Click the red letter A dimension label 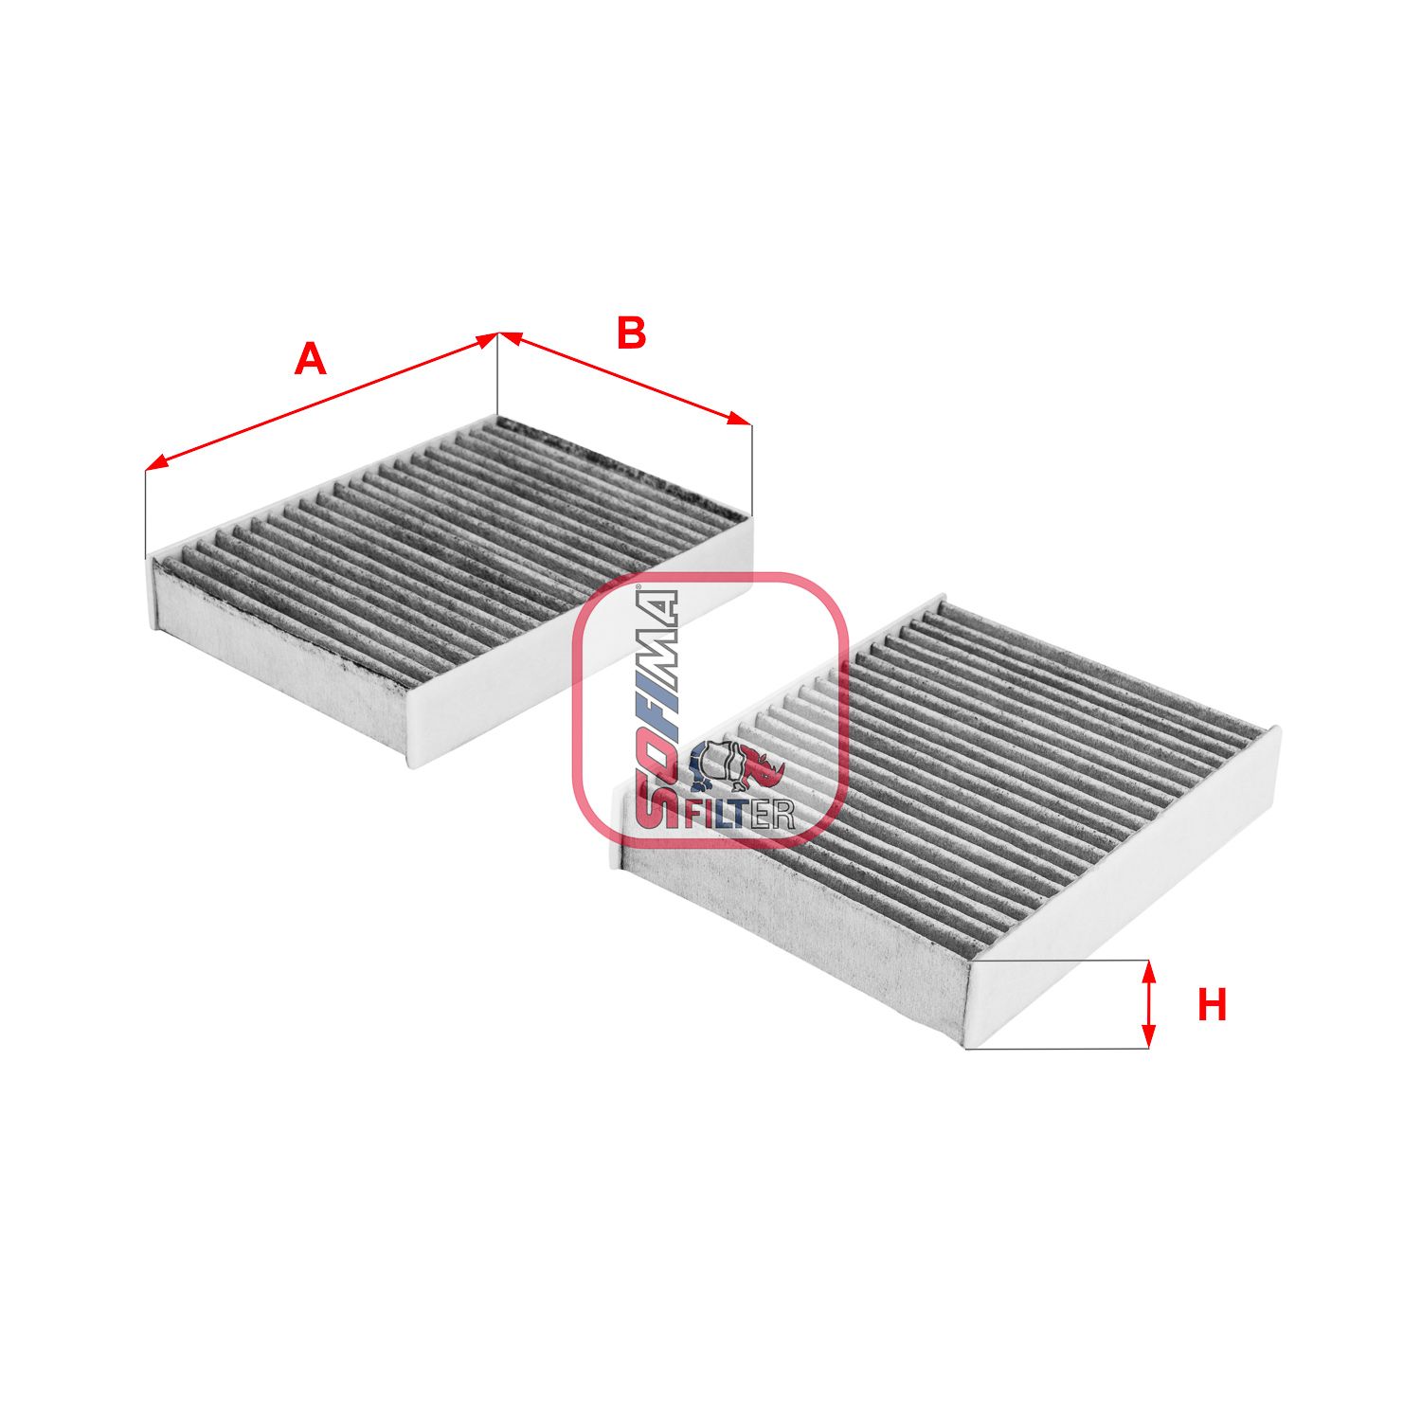[x=310, y=361]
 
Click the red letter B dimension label [x=631, y=333]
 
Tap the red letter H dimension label [x=1212, y=1005]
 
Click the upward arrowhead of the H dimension [x=1149, y=968]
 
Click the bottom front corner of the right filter [x=966, y=1047]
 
